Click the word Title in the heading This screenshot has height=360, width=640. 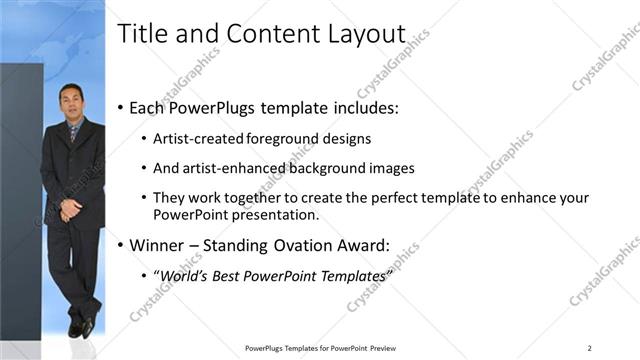(x=139, y=34)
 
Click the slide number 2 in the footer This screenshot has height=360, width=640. (x=590, y=348)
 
